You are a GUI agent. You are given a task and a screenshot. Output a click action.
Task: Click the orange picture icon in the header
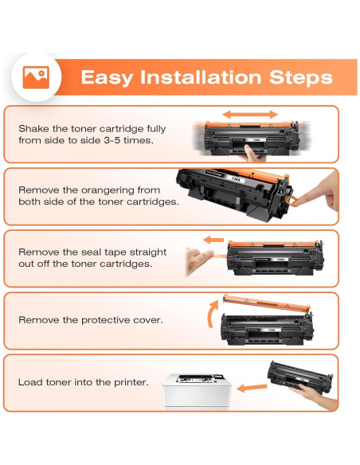(x=36, y=77)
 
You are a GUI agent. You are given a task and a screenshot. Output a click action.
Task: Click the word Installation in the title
(x=201, y=77)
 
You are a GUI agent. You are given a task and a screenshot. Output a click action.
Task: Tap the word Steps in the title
(x=301, y=78)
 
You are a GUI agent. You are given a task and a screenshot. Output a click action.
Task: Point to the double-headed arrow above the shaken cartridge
(x=250, y=115)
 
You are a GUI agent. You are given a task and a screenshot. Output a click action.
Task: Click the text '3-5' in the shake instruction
(x=112, y=140)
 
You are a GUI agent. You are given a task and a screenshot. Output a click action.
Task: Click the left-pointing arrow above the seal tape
(x=213, y=240)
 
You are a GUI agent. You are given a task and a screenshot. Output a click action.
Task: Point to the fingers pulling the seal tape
(x=198, y=260)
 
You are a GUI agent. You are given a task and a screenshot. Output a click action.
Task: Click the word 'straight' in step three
(x=149, y=252)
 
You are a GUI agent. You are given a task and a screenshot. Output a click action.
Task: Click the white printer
(x=197, y=391)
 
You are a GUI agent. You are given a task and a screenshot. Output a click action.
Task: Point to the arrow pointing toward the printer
(x=252, y=388)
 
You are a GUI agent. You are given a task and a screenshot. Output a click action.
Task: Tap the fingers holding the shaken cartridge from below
(x=253, y=154)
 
